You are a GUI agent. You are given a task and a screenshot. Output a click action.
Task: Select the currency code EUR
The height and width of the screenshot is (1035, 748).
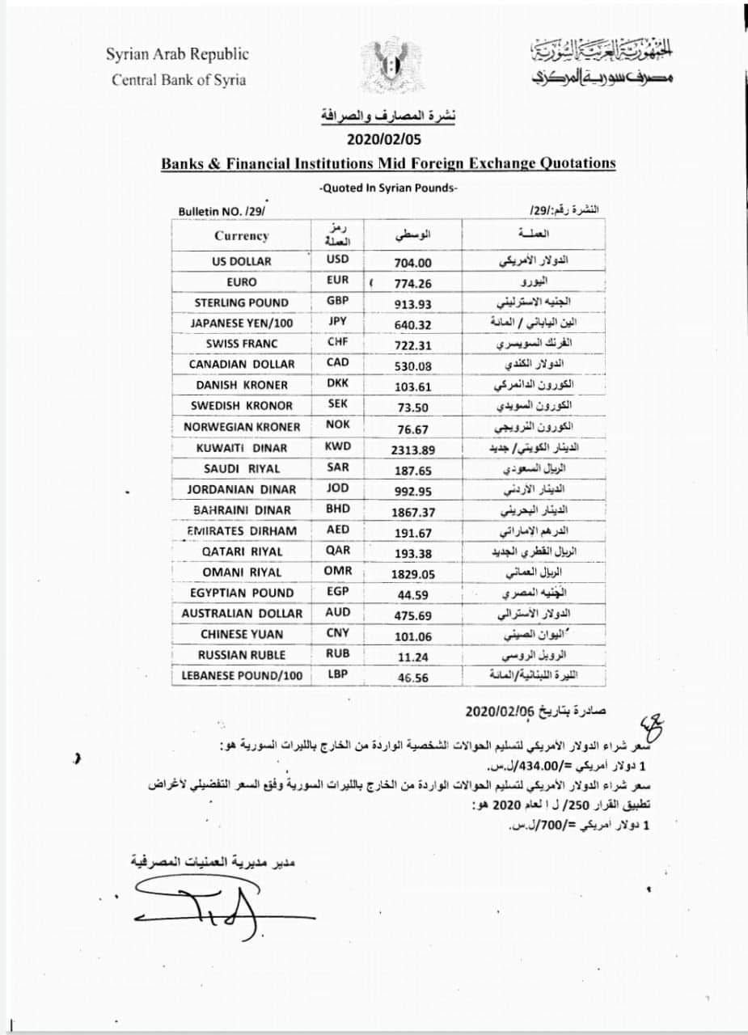coord(338,281)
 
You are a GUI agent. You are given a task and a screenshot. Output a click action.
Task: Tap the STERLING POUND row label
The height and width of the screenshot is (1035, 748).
coord(242,302)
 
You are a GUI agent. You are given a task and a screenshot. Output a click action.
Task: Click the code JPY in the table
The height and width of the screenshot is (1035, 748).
coord(338,322)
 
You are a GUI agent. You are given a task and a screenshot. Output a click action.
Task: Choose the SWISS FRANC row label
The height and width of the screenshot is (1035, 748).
coord(242,344)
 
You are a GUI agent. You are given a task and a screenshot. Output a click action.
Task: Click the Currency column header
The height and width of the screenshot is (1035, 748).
coord(241,236)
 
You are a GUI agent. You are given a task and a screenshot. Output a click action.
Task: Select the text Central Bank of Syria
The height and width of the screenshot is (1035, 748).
coord(179,80)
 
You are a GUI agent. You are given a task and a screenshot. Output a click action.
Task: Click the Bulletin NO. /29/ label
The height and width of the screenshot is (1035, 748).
coord(221,211)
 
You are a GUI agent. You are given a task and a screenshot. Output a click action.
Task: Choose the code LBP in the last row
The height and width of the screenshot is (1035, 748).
coord(338,675)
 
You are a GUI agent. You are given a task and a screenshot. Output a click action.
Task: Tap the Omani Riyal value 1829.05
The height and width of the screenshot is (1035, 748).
coord(413,572)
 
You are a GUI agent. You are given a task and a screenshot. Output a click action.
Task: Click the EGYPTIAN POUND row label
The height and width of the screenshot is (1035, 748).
coord(242,593)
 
